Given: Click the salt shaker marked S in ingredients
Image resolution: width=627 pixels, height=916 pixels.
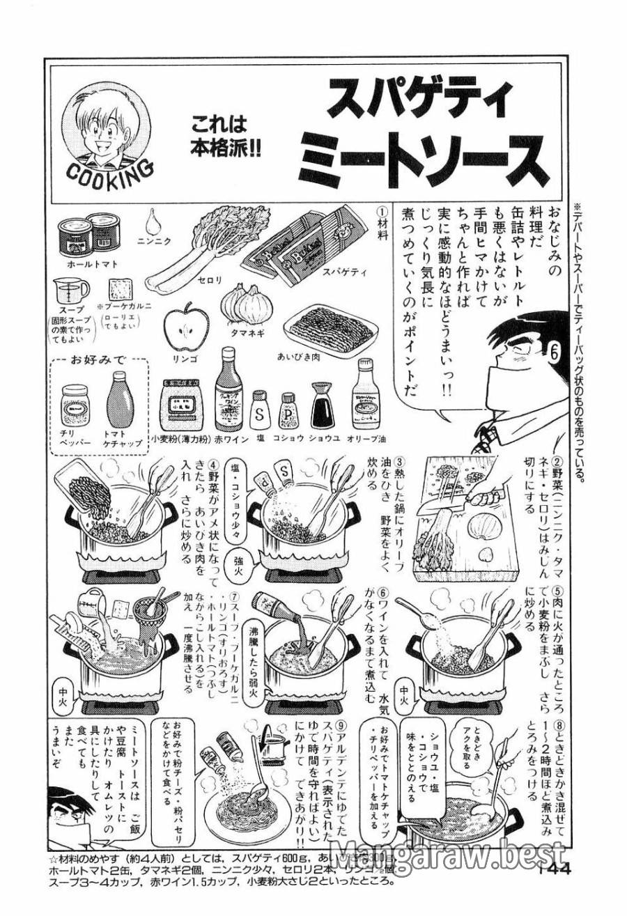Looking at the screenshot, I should [x=259, y=412].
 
